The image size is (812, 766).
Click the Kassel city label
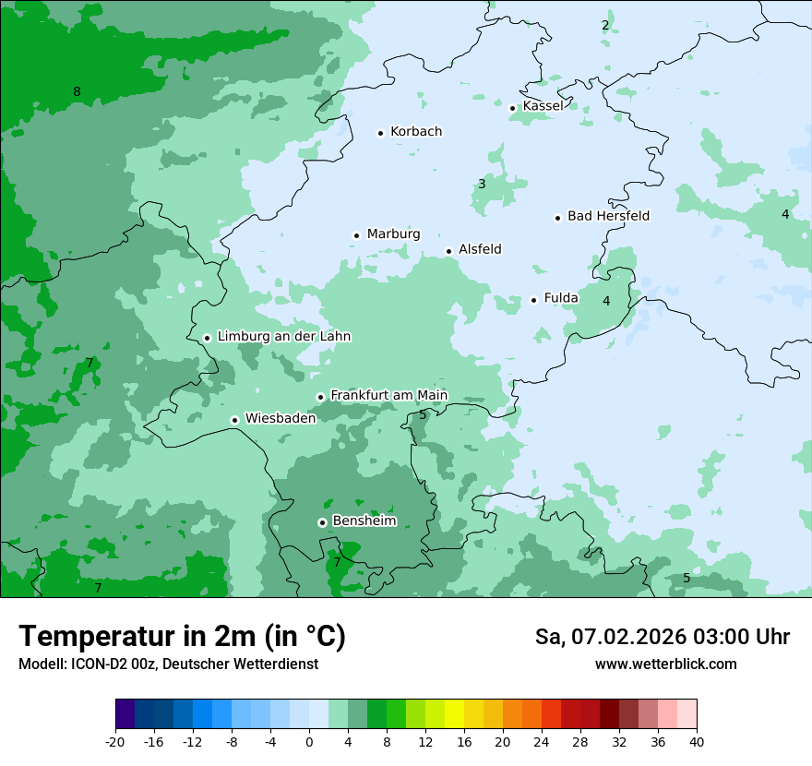point(543,106)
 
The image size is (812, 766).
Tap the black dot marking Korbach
point(380,133)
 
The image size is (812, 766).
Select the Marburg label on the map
point(393,234)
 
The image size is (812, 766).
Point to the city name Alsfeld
point(480,249)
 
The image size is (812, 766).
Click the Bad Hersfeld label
point(608,216)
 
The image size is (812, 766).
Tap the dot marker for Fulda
point(533,300)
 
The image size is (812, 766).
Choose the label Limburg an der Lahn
point(283,337)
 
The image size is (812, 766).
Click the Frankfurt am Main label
point(388,396)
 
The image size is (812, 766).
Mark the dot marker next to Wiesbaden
point(235,420)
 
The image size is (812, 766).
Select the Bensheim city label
point(364,521)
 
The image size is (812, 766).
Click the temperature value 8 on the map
point(77,91)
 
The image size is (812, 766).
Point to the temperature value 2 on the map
point(605,25)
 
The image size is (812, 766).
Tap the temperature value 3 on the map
point(482,185)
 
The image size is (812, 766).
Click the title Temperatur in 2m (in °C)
point(182,636)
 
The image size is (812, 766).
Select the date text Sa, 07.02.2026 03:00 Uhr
point(662,637)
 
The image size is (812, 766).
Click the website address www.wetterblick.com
point(665,664)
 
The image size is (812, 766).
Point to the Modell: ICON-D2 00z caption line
point(168,664)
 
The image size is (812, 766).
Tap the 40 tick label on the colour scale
point(696,741)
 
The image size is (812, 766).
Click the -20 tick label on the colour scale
point(115,741)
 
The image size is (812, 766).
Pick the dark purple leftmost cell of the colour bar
point(125,714)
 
